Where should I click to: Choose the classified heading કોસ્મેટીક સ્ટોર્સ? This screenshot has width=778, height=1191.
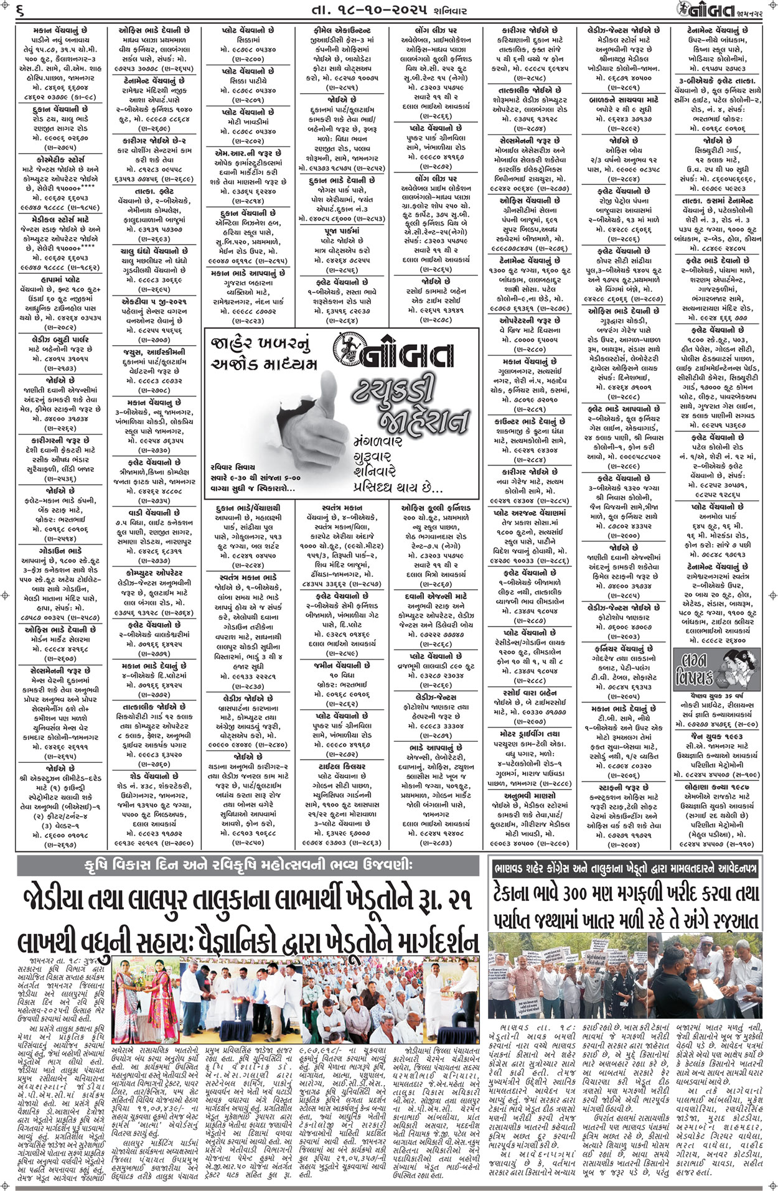pyautogui.click(x=59, y=159)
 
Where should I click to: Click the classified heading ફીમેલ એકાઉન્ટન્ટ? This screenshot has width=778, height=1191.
pyautogui.click(x=339, y=30)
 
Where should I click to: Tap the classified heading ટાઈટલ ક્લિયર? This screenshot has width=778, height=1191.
pyautogui.click(x=339, y=767)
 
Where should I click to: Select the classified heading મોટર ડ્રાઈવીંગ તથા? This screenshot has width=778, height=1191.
pyautogui.click(x=530, y=734)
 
